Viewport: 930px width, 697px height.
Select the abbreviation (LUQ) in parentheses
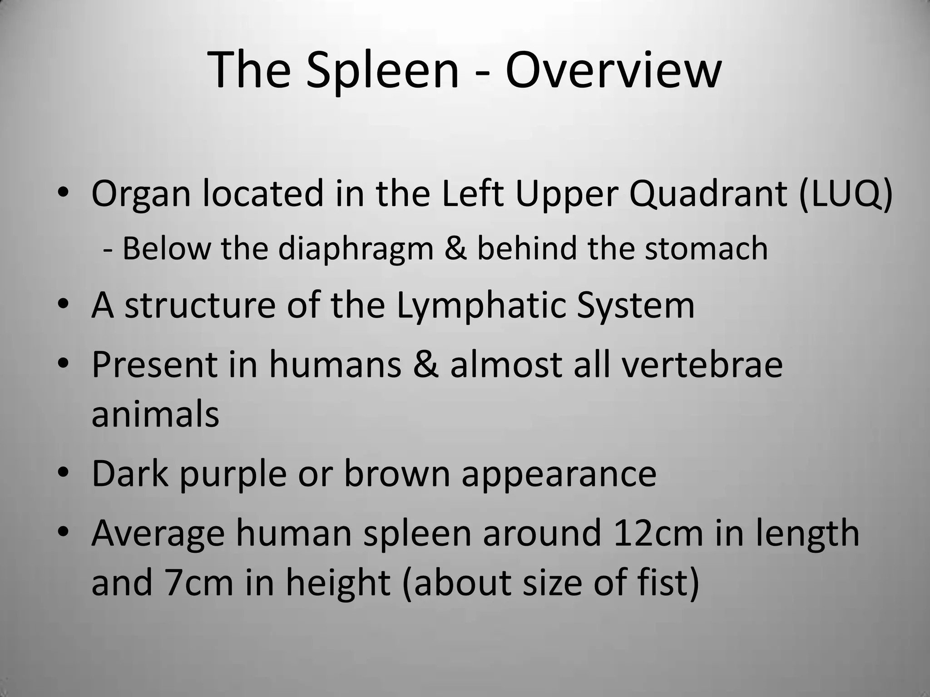(846, 194)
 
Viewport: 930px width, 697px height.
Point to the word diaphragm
(356, 250)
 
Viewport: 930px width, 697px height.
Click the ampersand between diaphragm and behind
(455, 249)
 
